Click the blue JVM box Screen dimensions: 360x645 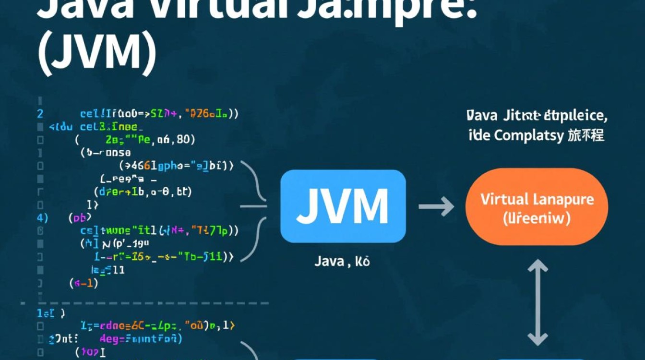(343, 206)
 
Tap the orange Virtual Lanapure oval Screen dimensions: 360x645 (537, 207)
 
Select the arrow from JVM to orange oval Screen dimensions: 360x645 (436, 207)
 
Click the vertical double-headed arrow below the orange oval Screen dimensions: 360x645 (537, 302)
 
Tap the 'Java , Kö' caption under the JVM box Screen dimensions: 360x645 (342, 262)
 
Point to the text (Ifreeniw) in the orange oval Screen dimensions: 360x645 (537, 219)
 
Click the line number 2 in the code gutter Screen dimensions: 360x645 (40, 114)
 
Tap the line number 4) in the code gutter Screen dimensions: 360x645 (42, 217)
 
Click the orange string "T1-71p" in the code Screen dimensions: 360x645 (209, 230)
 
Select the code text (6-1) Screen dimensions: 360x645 (84, 283)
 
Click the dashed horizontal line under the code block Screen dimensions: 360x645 (144, 303)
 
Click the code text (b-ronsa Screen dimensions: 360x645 (106, 153)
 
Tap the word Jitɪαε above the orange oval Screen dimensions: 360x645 (524, 116)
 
